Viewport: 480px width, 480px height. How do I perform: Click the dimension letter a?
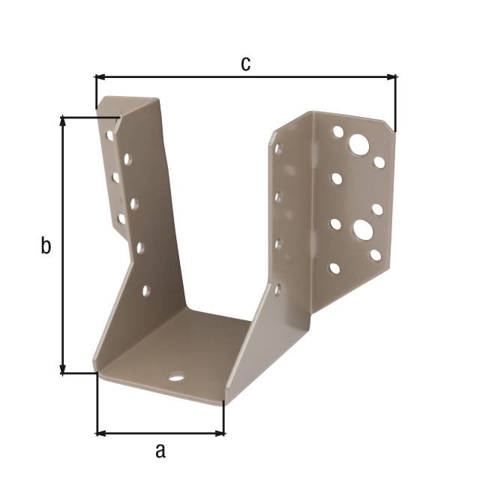(160, 450)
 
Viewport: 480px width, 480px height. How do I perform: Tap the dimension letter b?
(46, 245)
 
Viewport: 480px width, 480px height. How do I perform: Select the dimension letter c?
(245, 64)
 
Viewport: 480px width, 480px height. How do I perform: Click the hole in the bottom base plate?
(176, 376)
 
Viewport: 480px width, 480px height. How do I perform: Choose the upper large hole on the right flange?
(359, 144)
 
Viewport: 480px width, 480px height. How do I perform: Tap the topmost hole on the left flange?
(110, 136)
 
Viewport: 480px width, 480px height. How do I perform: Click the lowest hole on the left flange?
(145, 290)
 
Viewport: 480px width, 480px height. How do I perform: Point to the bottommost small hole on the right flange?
(334, 268)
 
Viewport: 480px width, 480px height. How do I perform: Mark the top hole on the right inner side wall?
(278, 148)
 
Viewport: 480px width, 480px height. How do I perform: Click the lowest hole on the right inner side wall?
(277, 288)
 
